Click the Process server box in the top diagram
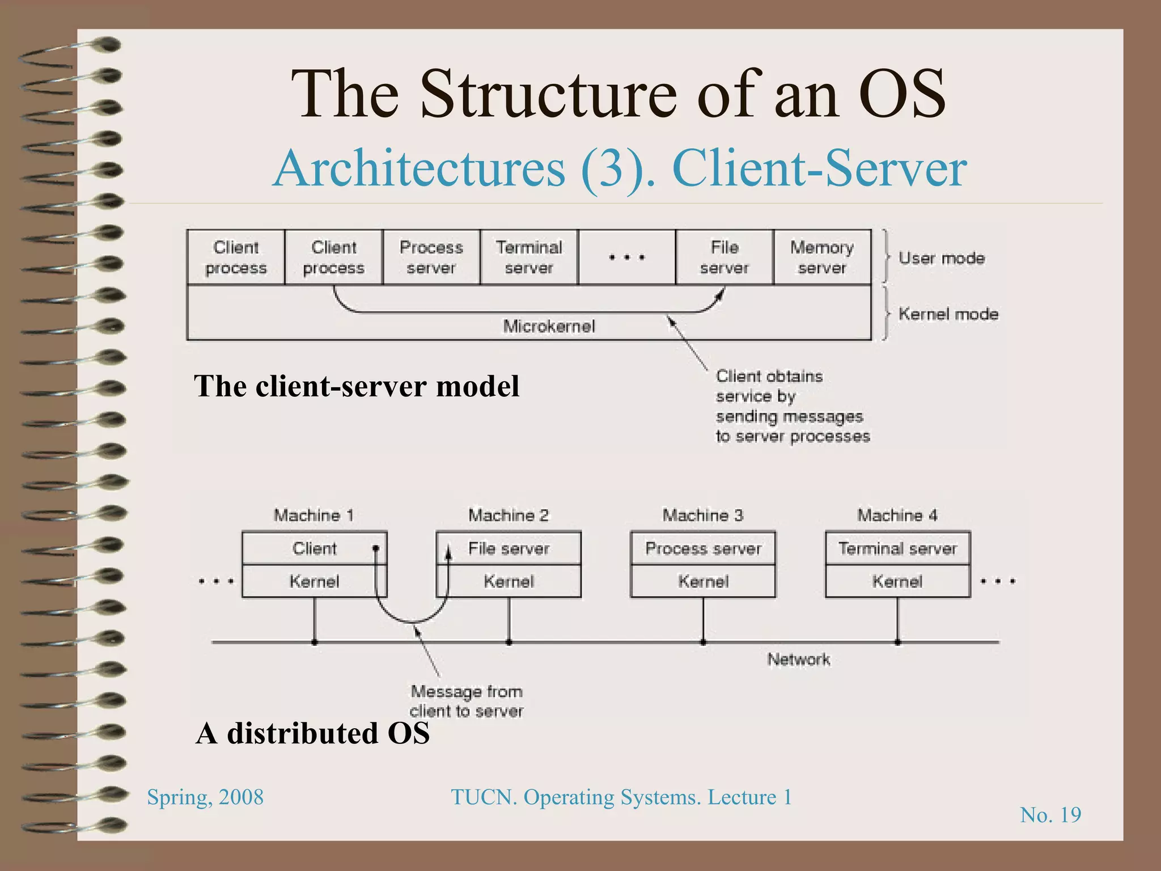(x=431, y=257)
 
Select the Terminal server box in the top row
(x=529, y=257)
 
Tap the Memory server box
(x=822, y=257)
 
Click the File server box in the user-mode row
(x=724, y=257)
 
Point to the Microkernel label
(x=549, y=326)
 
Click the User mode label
(x=942, y=259)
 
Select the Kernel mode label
(x=948, y=314)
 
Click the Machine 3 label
(x=703, y=515)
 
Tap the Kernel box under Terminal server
(x=897, y=581)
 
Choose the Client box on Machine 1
(x=314, y=548)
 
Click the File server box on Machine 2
(x=509, y=548)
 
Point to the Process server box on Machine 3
(x=703, y=548)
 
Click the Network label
(x=799, y=659)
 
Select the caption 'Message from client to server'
(x=467, y=701)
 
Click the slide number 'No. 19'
(x=1050, y=815)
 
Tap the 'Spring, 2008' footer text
(x=205, y=797)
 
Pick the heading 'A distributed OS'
(x=312, y=733)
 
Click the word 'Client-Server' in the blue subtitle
(x=819, y=168)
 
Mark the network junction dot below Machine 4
(x=897, y=642)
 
